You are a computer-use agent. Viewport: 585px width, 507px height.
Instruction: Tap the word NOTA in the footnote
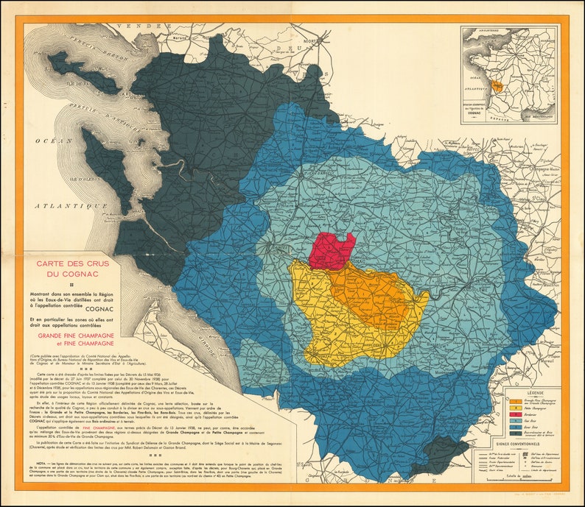coord(35,463)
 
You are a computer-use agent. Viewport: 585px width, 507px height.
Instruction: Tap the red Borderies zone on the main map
coord(331,251)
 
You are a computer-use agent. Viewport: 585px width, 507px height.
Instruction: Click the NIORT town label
coord(319,42)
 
